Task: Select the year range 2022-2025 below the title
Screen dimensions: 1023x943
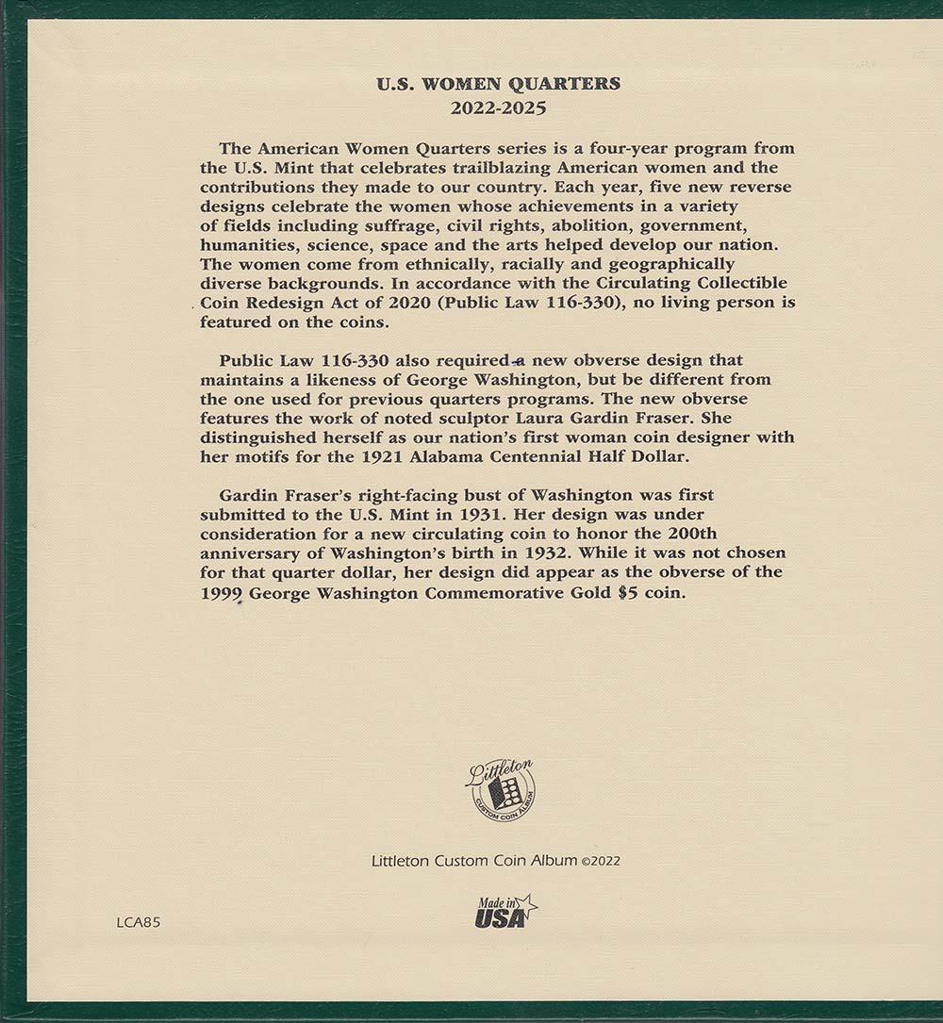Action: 498,107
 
